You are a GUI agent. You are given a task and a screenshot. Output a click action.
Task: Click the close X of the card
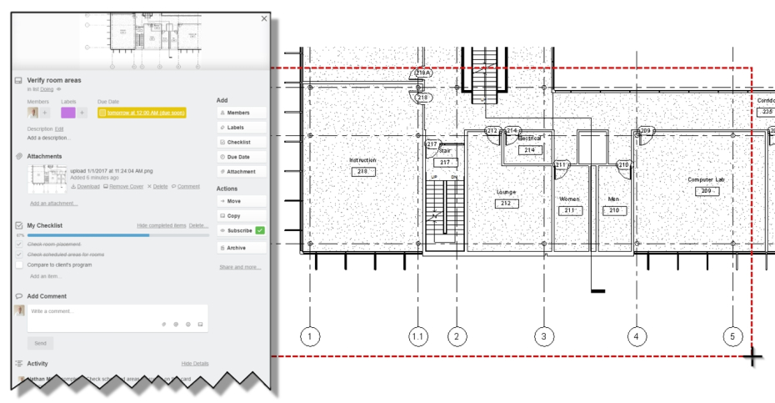point(264,18)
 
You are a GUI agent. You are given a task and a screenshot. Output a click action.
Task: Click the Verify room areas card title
point(54,80)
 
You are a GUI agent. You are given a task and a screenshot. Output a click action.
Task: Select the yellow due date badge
point(142,113)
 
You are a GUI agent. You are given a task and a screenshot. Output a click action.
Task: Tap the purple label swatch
point(68,113)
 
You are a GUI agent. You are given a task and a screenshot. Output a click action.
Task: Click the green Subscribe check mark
point(260,230)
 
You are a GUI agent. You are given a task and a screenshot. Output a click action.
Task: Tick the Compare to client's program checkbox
point(19,264)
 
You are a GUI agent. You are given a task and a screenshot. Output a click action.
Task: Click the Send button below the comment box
point(40,343)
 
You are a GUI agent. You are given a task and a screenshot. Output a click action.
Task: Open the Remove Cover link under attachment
point(122,187)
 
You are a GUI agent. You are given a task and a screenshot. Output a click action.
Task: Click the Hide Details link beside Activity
point(195,364)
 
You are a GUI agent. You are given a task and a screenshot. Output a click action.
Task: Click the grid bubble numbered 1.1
point(418,336)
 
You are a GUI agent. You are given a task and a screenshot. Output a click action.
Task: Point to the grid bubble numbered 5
point(732,336)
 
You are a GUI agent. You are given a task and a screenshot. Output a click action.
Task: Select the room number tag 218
point(362,171)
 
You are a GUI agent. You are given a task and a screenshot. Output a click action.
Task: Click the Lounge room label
point(506,192)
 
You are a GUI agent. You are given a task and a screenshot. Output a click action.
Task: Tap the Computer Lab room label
point(706,179)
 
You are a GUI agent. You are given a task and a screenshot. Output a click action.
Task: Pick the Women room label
point(569,199)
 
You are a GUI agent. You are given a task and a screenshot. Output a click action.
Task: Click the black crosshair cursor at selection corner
point(752,357)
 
